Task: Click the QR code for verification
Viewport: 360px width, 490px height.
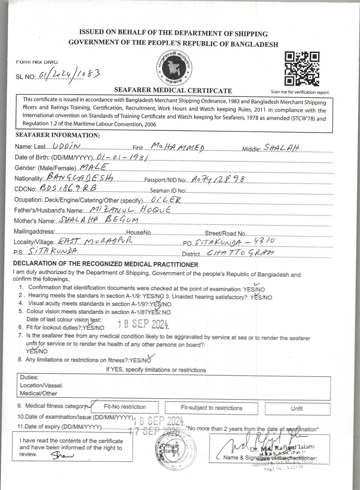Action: [302, 69]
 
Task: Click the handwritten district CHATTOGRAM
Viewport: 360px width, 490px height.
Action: [240, 253]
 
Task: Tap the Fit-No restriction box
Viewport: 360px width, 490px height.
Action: [125, 407]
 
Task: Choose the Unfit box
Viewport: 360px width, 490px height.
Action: [297, 408]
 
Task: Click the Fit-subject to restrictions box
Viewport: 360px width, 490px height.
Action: [211, 408]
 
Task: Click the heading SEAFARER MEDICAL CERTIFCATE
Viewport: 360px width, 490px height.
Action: [173, 91]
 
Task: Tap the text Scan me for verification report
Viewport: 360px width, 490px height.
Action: [299, 92]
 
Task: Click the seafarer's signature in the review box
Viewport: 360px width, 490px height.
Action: [63, 455]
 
